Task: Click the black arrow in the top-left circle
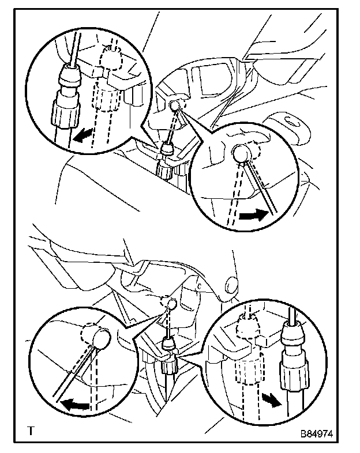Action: [x=82, y=135]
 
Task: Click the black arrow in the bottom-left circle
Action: [x=76, y=403]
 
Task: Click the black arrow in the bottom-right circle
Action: [x=272, y=400]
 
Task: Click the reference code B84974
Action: [x=317, y=433]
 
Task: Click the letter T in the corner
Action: [x=31, y=431]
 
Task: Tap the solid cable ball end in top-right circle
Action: [x=242, y=153]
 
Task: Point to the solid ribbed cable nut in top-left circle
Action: [x=65, y=109]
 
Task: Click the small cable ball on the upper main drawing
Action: [x=175, y=105]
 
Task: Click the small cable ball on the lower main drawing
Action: [x=172, y=304]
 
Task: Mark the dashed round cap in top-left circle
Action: [x=111, y=58]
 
